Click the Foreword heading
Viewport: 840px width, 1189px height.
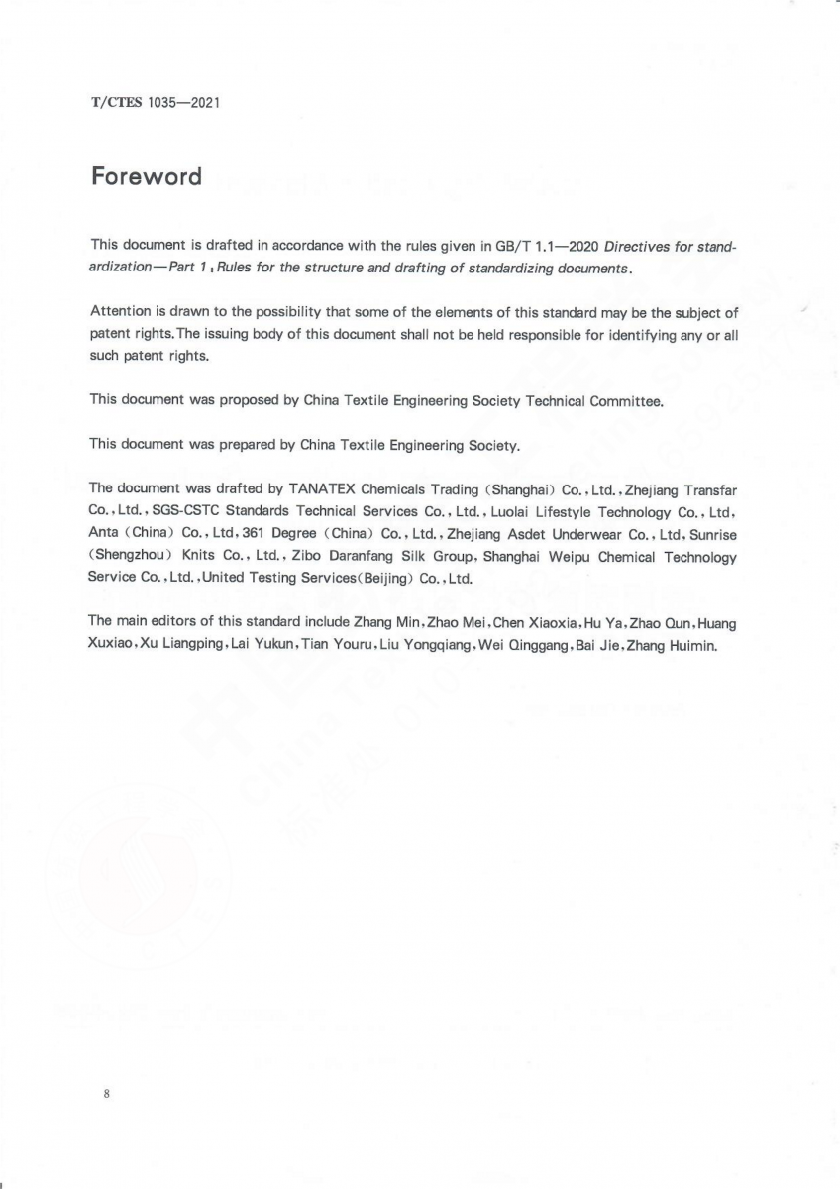146,177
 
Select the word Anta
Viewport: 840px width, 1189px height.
104,534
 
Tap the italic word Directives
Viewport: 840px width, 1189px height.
638,245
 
